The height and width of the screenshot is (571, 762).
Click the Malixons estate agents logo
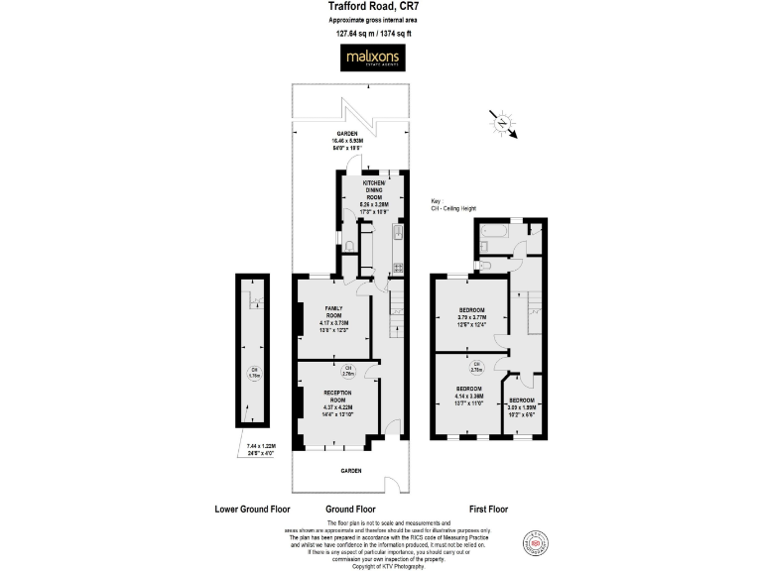point(373,59)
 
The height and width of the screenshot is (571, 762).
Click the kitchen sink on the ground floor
point(396,234)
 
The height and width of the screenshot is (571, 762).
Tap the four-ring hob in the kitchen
point(397,267)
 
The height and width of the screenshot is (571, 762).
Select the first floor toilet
point(482,265)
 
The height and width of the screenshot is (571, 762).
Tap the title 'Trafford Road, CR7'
point(371,8)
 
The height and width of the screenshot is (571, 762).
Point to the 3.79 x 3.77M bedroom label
point(471,316)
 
